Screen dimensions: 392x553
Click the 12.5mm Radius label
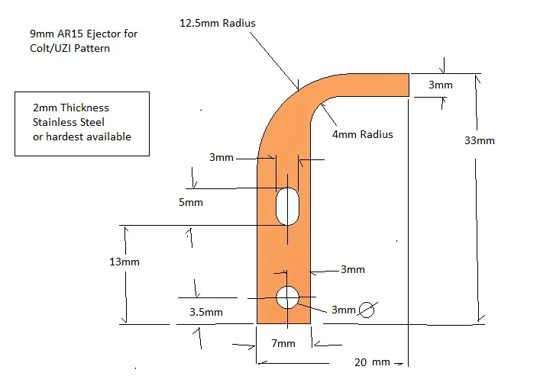[x=217, y=23]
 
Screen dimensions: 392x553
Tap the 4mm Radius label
[x=362, y=134]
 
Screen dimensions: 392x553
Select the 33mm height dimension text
[x=480, y=140]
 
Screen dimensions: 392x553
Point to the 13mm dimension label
[x=125, y=261]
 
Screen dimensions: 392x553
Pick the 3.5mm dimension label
[x=206, y=312]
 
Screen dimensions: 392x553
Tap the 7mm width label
[x=283, y=344]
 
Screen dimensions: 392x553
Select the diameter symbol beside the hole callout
[x=367, y=309]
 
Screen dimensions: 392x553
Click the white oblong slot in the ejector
[x=287, y=206]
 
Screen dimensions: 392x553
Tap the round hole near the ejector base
[x=288, y=297]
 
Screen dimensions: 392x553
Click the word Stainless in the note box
[x=57, y=122]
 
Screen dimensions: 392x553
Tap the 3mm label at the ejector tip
[x=440, y=85]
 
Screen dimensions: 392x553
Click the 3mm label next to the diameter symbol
[x=343, y=310]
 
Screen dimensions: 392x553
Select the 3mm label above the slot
[x=221, y=158]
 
